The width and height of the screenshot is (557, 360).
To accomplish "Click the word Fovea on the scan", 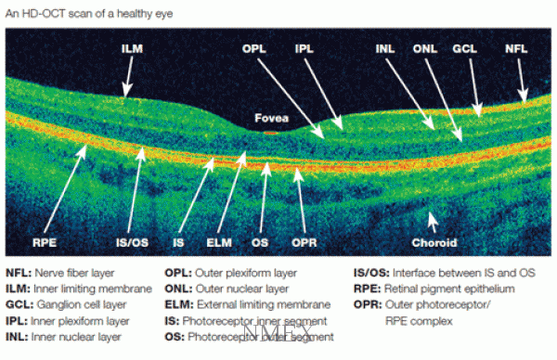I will point(272,118).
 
